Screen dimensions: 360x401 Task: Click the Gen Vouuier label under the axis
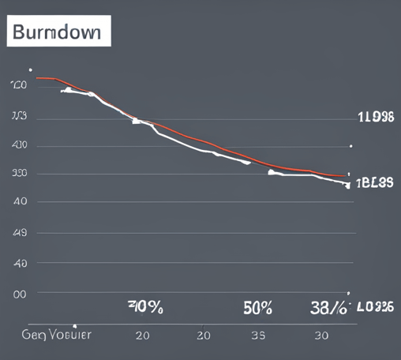click(56, 334)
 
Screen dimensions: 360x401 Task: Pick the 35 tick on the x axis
click(257, 335)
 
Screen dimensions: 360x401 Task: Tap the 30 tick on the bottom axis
click(321, 335)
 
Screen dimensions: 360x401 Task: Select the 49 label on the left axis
click(20, 233)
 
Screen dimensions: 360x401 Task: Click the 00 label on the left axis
click(19, 293)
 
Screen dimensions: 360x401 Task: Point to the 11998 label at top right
click(375, 118)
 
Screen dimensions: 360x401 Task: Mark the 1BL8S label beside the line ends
click(375, 183)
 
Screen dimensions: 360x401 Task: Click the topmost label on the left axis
click(20, 84)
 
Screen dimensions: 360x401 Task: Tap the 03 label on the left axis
click(19, 116)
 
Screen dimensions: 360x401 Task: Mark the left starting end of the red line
click(36, 78)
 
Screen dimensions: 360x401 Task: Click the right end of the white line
click(347, 186)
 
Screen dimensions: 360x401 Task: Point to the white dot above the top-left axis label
click(30, 69)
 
